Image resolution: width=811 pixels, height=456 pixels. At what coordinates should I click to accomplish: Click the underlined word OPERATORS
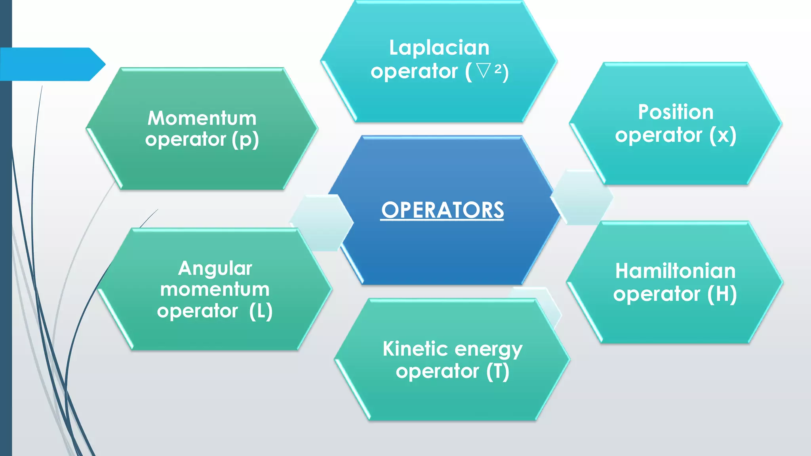[442, 210]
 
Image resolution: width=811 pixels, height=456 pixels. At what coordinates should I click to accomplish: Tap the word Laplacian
[439, 48]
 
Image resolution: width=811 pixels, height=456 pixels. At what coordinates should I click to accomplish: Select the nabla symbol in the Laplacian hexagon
[484, 71]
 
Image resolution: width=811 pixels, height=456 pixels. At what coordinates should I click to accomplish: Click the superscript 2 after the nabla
[498, 68]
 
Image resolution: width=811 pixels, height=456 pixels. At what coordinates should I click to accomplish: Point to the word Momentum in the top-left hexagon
[202, 118]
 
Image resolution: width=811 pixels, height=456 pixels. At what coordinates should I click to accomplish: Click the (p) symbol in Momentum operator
[245, 140]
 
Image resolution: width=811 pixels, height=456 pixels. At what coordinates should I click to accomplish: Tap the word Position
[676, 112]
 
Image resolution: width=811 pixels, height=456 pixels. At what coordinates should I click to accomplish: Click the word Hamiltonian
[675, 271]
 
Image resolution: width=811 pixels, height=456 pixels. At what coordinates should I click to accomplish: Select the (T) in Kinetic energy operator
[497, 371]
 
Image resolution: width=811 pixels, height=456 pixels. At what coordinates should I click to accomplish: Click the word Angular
[215, 269]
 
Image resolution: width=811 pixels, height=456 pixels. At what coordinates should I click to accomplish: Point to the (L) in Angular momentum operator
[261, 311]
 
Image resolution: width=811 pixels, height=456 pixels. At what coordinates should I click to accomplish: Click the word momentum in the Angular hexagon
[215, 289]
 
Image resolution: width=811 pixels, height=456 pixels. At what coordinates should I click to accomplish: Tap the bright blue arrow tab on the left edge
[51, 64]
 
